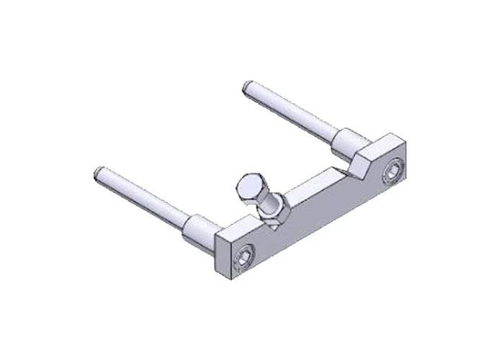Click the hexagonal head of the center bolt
251,186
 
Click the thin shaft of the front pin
144,198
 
